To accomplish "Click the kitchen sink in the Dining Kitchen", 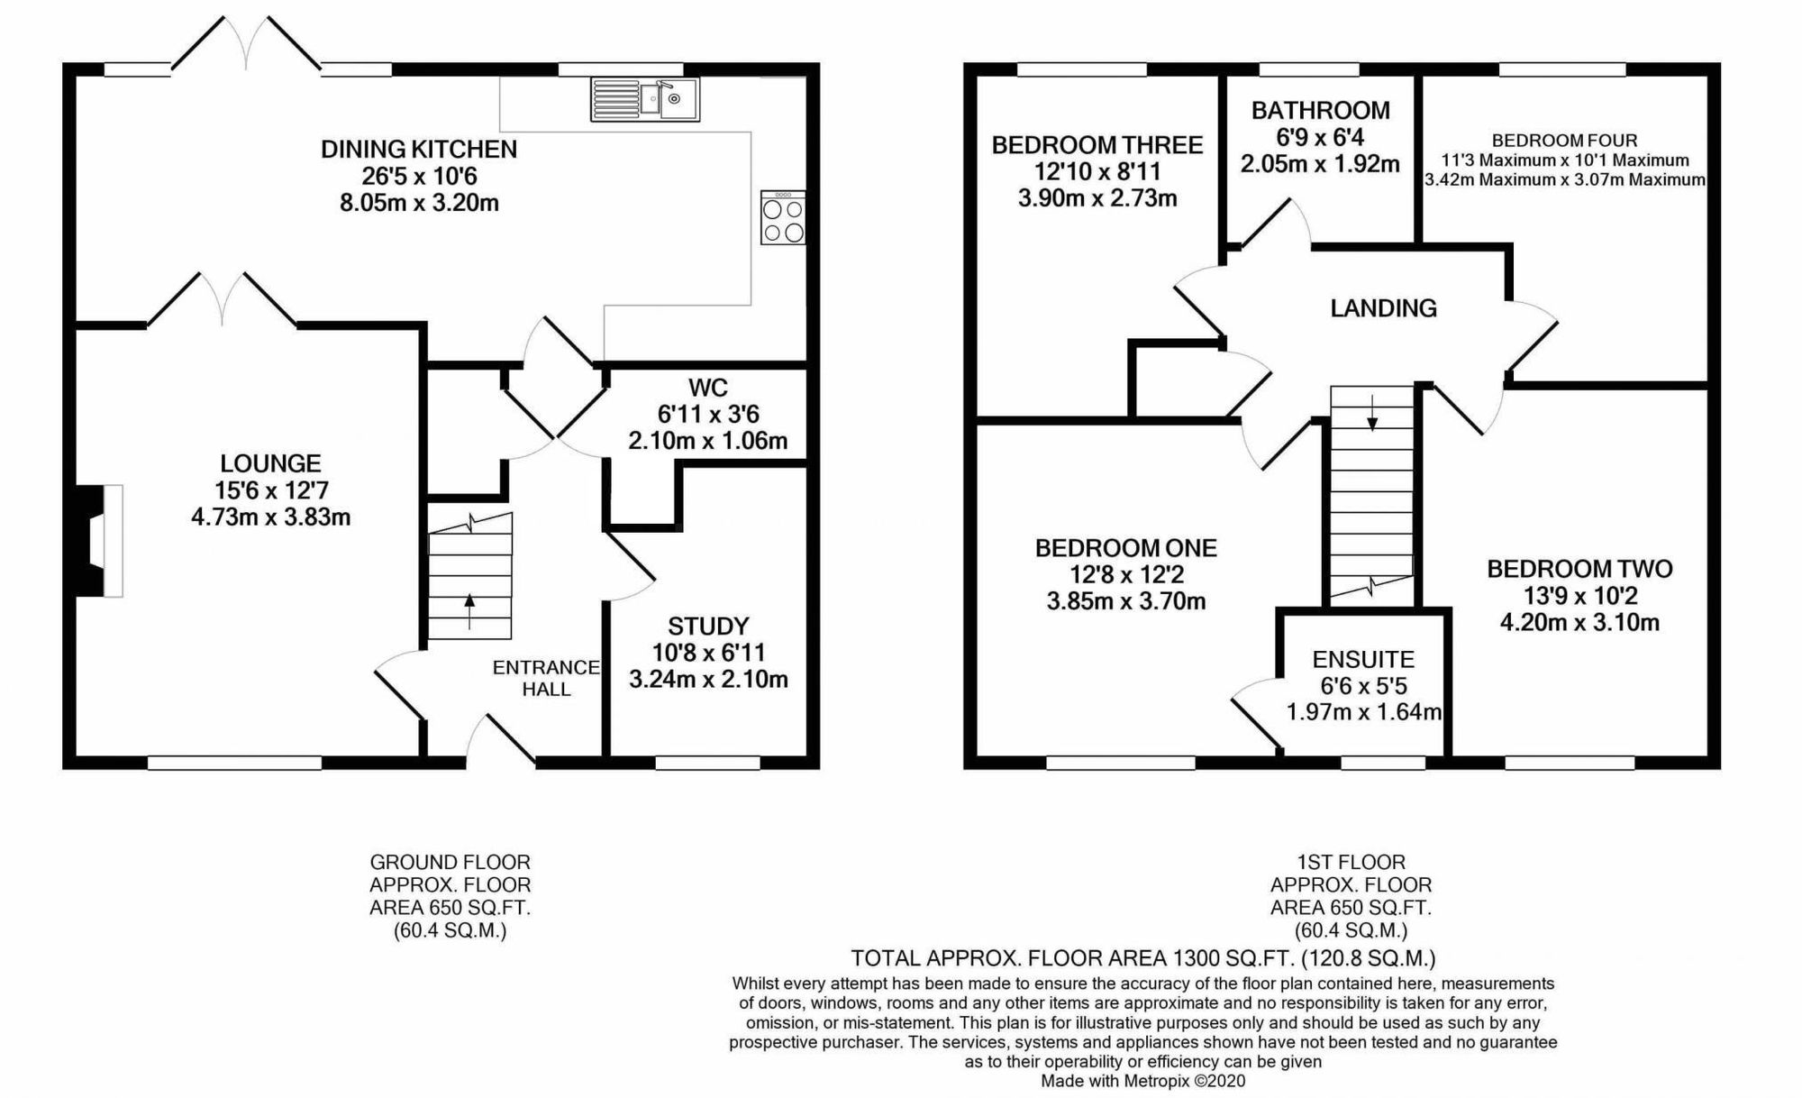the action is [x=645, y=99].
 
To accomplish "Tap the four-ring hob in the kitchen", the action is [x=783, y=217].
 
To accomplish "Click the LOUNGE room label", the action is [x=270, y=463].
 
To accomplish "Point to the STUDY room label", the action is [x=708, y=627].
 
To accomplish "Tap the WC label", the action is [x=708, y=389].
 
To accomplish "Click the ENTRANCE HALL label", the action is [x=546, y=678].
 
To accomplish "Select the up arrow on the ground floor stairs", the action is [x=469, y=611].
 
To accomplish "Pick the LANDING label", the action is [x=1383, y=308].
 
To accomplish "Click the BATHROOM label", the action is [x=1321, y=111].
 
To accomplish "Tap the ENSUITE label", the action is [x=1363, y=660].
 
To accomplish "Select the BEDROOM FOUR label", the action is [x=1564, y=141].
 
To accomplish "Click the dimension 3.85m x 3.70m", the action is [x=1126, y=601].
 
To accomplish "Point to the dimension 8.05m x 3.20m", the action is [x=419, y=203].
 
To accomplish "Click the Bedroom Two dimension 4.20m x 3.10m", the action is [x=1579, y=622].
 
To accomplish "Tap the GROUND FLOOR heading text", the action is [x=450, y=863].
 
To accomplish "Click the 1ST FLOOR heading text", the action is [x=1351, y=863].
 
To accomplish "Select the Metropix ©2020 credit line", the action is [x=1143, y=1081].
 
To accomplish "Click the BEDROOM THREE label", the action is [x=1097, y=145].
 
